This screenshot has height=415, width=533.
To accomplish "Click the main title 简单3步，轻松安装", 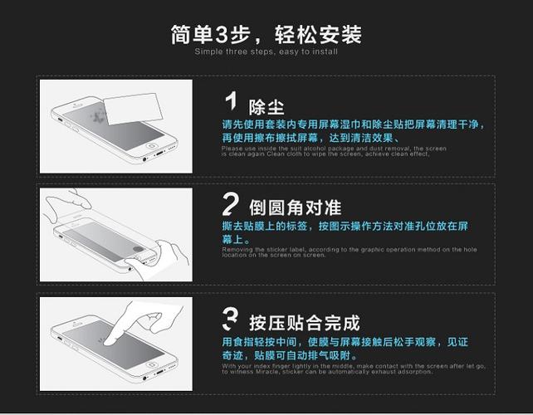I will pos(266,34).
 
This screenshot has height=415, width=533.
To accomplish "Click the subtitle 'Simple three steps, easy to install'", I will pos(266,51).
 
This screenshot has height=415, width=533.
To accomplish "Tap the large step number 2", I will pos(232,204).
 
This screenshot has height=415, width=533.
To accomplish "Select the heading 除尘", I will pos(266,107).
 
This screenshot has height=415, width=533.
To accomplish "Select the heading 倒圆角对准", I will pos(295,207).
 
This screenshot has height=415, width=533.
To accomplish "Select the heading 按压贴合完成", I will pos(304,323).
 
